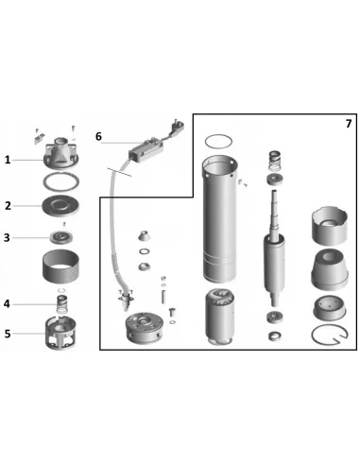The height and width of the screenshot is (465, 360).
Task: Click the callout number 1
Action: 8,160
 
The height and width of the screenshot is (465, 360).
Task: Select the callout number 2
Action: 8,206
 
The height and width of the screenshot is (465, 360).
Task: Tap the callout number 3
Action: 7,237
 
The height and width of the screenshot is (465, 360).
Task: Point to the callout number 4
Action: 7,304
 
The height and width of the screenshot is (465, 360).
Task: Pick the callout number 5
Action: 8,334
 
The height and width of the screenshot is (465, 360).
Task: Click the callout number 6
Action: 98,136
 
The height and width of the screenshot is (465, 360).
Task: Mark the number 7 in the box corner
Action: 349,124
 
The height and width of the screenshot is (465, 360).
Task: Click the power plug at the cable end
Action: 178,126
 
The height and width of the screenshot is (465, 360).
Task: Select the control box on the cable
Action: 146,149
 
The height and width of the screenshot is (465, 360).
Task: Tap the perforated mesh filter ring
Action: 60,266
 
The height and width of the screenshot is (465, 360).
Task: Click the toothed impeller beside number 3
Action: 61,237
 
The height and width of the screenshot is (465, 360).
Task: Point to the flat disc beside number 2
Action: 60,206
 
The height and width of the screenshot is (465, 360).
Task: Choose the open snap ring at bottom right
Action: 330,335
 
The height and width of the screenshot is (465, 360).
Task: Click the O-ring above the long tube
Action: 218,142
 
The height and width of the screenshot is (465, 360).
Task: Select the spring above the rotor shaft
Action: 274,161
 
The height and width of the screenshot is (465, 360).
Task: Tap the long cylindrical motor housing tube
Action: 220,219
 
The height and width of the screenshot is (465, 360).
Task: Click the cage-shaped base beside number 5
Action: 61,334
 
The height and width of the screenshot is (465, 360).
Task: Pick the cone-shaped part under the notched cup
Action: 330,269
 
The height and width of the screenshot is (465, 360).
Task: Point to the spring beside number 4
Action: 62,304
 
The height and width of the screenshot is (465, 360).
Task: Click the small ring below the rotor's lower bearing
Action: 275,336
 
